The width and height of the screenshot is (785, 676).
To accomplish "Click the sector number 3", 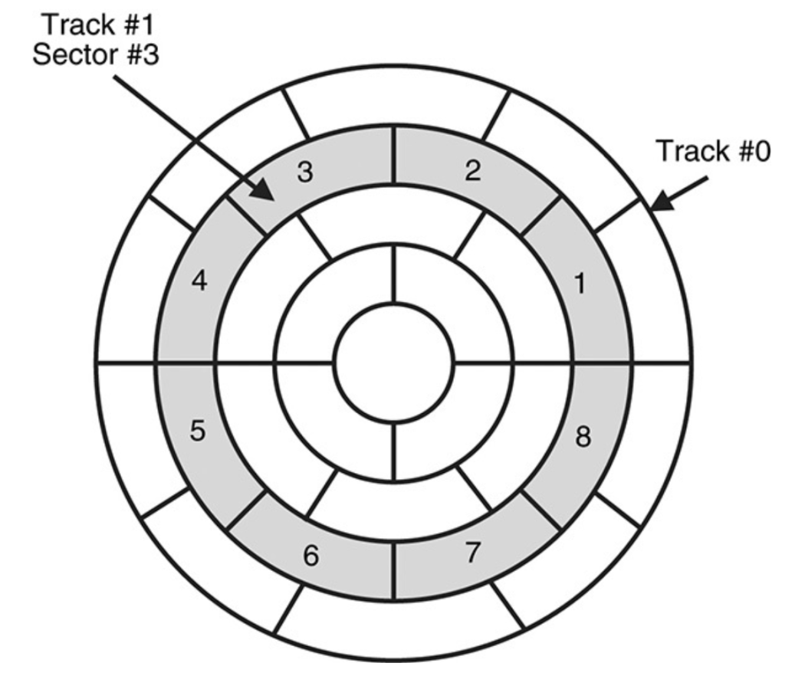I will point(305,173).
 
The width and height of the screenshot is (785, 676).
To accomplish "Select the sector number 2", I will point(473,171).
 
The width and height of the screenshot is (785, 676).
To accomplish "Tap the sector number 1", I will point(580,284).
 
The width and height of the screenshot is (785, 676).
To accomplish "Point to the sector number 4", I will point(199,283).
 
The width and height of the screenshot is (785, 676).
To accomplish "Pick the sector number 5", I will point(198,432).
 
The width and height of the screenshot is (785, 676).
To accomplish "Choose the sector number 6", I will point(310,557).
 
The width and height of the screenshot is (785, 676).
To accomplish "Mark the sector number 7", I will point(474,553).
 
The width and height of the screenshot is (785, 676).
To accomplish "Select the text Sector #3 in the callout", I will point(97,55).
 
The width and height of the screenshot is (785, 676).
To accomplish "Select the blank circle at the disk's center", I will point(394,363).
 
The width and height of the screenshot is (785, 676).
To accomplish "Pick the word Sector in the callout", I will point(73,55).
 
